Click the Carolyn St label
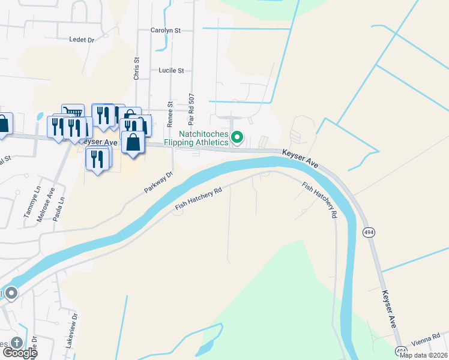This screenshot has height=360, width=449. click(x=166, y=30)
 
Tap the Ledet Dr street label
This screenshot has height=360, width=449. click(x=82, y=40)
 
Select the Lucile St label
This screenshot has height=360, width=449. click(x=171, y=70)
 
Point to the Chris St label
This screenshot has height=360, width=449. click(x=137, y=69)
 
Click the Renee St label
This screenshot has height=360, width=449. click(x=170, y=112)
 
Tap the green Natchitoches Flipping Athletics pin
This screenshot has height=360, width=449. click(x=237, y=138)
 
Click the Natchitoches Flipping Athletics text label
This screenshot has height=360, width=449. click(x=204, y=138)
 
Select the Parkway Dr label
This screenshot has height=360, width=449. click(x=158, y=182)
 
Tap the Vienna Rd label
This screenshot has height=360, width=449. click(x=427, y=337)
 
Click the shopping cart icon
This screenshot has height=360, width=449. click(x=73, y=113)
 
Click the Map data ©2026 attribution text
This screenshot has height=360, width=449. click(x=423, y=355)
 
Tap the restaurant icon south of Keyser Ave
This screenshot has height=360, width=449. click(x=97, y=158)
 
